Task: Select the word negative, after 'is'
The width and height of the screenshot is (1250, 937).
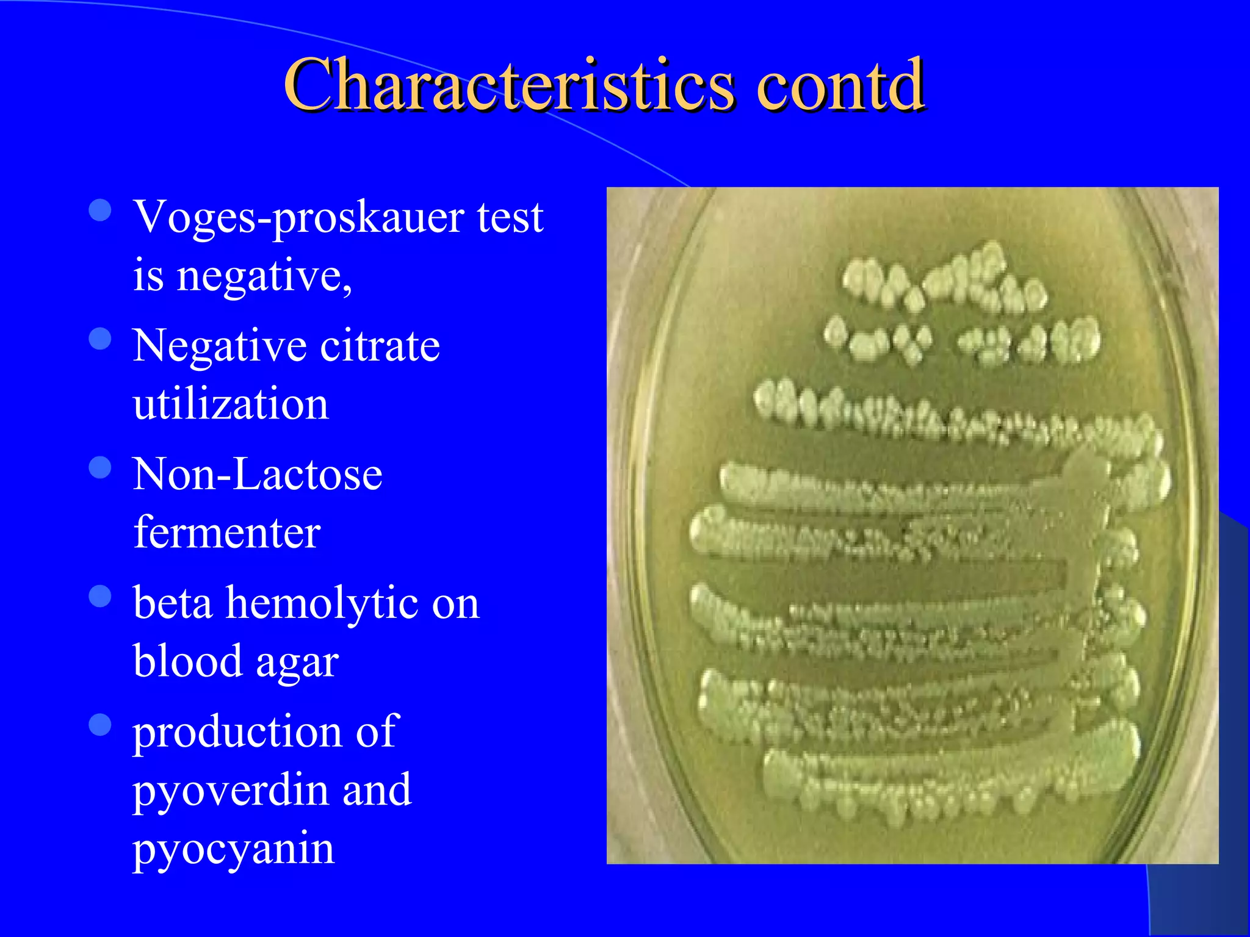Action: tap(264, 276)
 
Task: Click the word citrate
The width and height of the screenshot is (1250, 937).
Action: tap(380, 346)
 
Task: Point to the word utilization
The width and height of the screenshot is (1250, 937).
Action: tap(231, 404)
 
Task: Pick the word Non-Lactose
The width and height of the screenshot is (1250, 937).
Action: tap(258, 474)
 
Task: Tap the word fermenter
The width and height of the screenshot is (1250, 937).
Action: tap(226, 532)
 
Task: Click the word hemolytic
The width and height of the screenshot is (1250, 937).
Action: tap(322, 603)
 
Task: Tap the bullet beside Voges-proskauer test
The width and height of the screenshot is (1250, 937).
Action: tap(100, 210)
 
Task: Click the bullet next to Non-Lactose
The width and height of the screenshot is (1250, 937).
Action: tap(100, 468)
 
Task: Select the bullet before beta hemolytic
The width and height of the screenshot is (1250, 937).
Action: tap(100, 597)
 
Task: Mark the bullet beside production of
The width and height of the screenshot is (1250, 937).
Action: tap(100, 725)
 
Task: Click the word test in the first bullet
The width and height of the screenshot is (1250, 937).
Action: tap(510, 218)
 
